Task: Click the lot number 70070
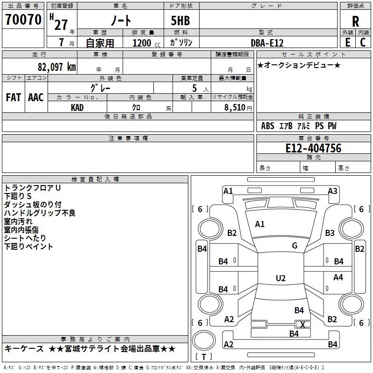[x=23, y=20]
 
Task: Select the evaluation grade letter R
[x=355, y=21]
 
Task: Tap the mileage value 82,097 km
[x=57, y=67]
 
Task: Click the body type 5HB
[x=180, y=21]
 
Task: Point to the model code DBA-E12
[x=267, y=43]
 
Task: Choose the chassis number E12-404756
[x=313, y=148]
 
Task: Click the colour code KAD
[x=77, y=108]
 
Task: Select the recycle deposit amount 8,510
[x=235, y=108]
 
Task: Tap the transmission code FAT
[x=14, y=97]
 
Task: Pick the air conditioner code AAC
[x=36, y=97]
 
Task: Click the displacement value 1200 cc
[x=146, y=43]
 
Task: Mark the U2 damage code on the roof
[x=281, y=278]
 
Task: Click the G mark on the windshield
[x=295, y=246]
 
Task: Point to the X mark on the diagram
[x=303, y=325]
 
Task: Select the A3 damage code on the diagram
[x=332, y=191]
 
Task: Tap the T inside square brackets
[x=204, y=357]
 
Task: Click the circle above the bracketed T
[x=204, y=340]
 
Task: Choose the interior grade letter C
[x=363, y=42]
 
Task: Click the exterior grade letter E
[x=348, y=42]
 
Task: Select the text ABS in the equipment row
[x=268, y=126]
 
